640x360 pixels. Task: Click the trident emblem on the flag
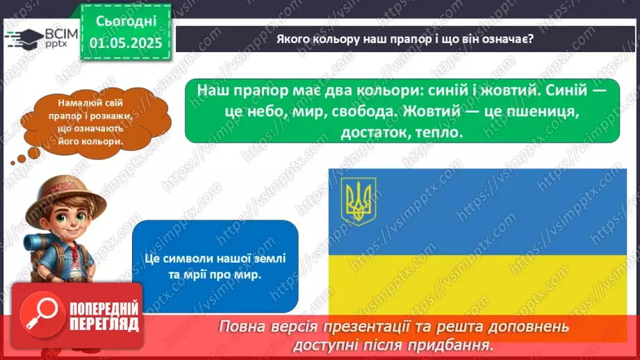(358, 197)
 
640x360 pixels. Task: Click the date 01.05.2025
(125, 43)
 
